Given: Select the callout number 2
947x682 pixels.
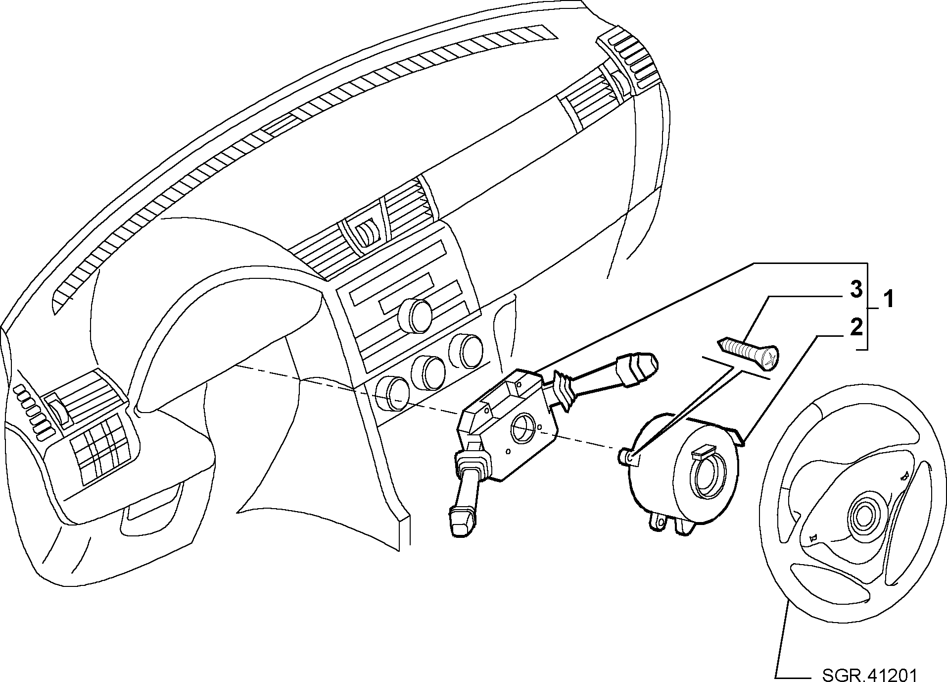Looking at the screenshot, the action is [856, 328].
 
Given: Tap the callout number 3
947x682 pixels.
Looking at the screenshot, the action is [856, 290].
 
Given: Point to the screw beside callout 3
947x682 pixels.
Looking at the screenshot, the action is [748, 353].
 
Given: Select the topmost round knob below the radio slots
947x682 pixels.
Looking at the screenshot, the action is [415, 315].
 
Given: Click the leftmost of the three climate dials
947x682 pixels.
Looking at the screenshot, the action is [391, 394].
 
